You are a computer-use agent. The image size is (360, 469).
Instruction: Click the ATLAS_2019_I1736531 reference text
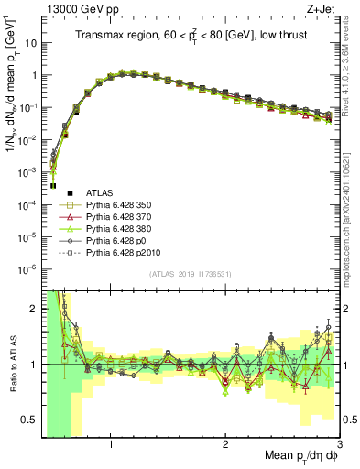point(190,274)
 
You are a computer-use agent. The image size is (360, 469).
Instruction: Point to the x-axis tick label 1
point(111,446)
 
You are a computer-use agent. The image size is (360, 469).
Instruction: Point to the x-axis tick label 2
point(225,446)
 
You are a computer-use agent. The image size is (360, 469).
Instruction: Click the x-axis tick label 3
point(338,446)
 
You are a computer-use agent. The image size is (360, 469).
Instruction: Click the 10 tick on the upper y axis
point(30,43)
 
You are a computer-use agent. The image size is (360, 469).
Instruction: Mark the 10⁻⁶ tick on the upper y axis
point(28,268)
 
